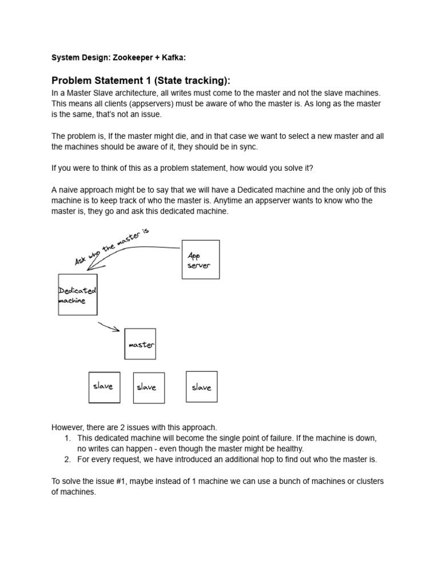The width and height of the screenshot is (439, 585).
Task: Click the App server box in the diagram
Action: click(200, 260)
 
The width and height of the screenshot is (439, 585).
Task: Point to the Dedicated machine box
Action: click(78, 295)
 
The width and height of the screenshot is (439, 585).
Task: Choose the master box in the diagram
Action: click(140, 344)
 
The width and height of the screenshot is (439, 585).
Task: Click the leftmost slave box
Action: click(104, 387)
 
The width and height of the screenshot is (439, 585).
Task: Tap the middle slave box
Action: click(149, 388)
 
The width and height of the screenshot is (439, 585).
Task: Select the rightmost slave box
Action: click(201, 387)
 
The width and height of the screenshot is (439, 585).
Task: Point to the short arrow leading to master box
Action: click(109, 327)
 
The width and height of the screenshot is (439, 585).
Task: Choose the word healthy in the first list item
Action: click(289, 448)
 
